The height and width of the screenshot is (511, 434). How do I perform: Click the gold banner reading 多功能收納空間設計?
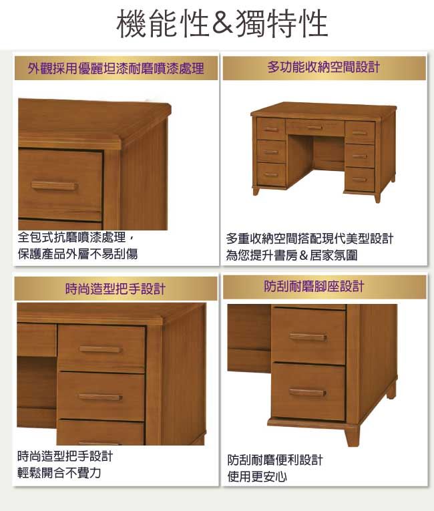[x=324, y=67]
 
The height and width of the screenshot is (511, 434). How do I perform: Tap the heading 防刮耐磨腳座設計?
[x=314, y=287]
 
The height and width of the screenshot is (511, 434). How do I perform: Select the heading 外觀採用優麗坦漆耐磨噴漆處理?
[x=116, y=68]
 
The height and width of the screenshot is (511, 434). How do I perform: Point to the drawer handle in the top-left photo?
[x=54, y=186]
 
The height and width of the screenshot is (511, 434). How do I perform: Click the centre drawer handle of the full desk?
[x=314, y=127]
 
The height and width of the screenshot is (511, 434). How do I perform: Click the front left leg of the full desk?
[x=256, y=191]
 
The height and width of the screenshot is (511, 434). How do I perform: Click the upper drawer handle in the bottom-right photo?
[x=308, y=337]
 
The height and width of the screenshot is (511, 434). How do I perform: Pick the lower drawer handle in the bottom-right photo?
[x=308, y=393]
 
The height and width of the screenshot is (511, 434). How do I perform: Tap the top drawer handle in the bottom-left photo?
[x=100, y=349]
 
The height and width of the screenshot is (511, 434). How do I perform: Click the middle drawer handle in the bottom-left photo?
[x=100, y=397]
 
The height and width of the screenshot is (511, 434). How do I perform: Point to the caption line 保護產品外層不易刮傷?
[x=78, y=254]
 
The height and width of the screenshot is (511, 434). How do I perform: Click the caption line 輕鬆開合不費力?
[x=59, y=472]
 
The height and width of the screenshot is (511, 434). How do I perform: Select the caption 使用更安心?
[x=258, y=477]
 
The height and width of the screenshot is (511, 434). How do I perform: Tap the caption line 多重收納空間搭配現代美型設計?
[x=310, y=239]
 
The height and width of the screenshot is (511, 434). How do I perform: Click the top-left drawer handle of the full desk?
[x=271, y=130]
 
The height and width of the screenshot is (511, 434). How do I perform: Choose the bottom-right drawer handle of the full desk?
[x=359, y=180]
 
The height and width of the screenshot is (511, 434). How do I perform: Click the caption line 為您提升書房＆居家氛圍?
[x=292, y=255]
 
